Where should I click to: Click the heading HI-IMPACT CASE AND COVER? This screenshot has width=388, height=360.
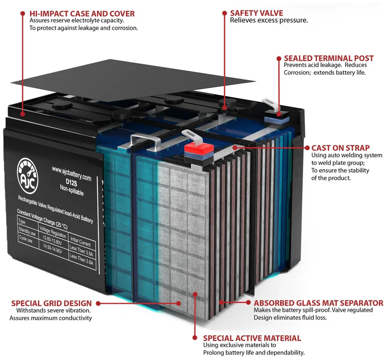point(82,13)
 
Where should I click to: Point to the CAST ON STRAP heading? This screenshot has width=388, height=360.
point(340,147)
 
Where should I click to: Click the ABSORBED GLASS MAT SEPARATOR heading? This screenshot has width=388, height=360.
point(318,303)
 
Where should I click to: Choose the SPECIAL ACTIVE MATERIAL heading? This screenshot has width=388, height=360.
point(252,338)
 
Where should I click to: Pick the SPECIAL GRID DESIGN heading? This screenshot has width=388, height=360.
point(52,303)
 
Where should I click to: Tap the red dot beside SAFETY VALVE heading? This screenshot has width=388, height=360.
point(225,12)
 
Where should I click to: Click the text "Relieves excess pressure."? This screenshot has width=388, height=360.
point(268,20)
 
